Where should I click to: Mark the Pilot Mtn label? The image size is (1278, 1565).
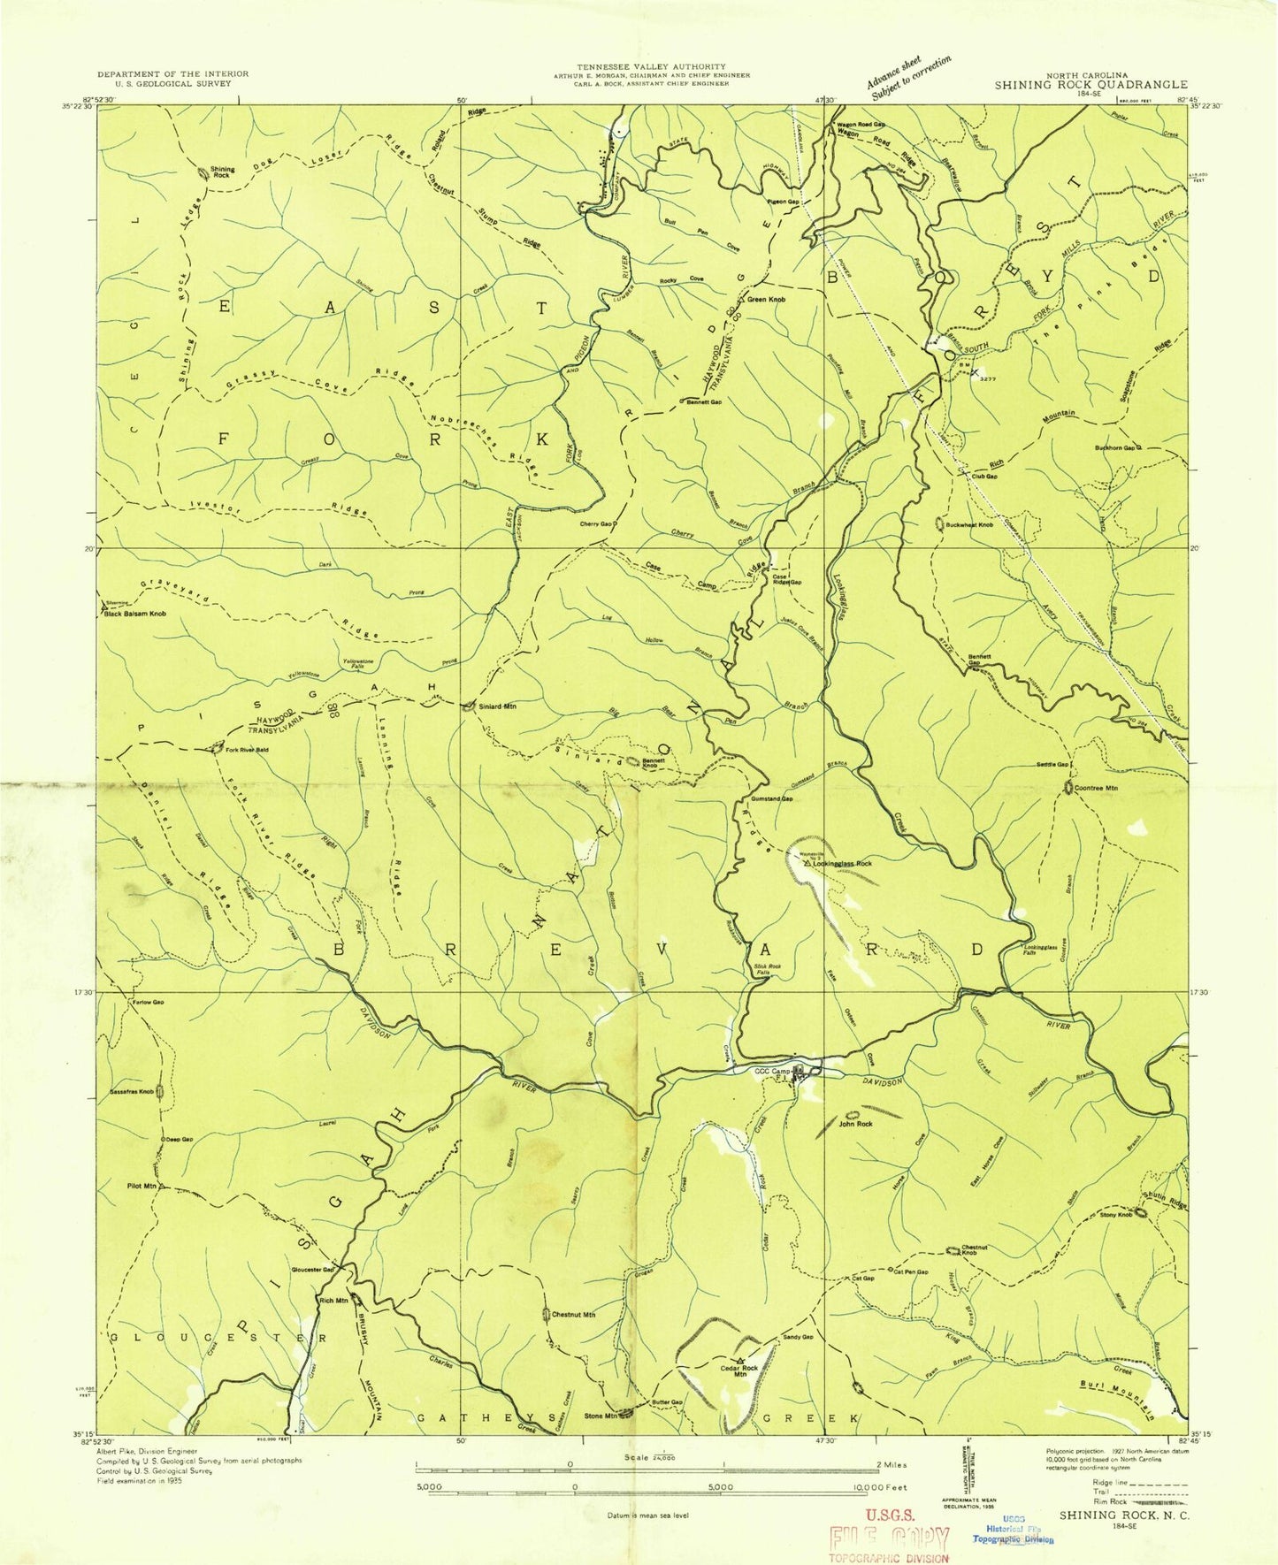pyautogui.click(x=142, y=1186)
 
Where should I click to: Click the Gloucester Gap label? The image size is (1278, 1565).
pyautogui.click(x=312, y=1270)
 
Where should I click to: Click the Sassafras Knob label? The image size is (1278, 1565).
pyautogui.click(x=133, y=1092)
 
